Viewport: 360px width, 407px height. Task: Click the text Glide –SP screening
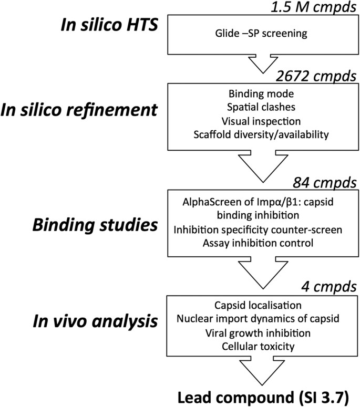pyautogui.click(x=261, y=36)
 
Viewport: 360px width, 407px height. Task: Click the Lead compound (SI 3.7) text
pyautogui.click(x=261, y=395)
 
